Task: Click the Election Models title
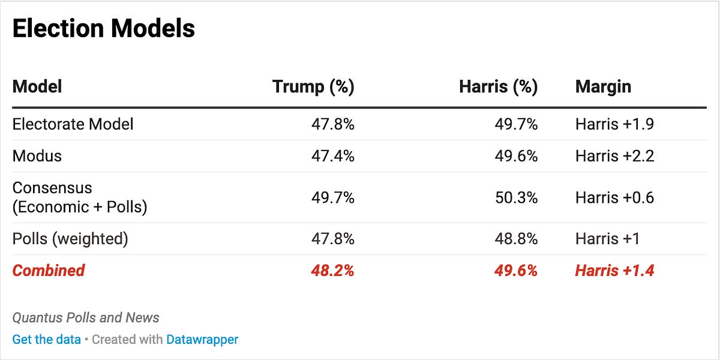point(103,28)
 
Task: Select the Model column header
point(37,86)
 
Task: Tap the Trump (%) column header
point(313,86)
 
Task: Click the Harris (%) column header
point(498,86)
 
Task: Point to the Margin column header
point(603,86)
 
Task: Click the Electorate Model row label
point(73,124)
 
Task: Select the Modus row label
point(37,156)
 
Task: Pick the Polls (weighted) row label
point(70,239)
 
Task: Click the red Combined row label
point(49,271)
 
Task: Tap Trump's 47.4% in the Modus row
point(332,156)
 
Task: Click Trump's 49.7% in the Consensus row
point(332,197)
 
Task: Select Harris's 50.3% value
point(516,197)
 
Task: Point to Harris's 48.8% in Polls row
point(516,239)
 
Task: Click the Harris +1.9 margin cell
point(614,124)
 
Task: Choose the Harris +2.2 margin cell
point(614,156)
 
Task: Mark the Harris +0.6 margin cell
point(614,197)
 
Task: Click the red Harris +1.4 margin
point(614,271)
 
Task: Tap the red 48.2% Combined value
point(332,271)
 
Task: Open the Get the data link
point(46,340)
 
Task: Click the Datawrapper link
point(202,340)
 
